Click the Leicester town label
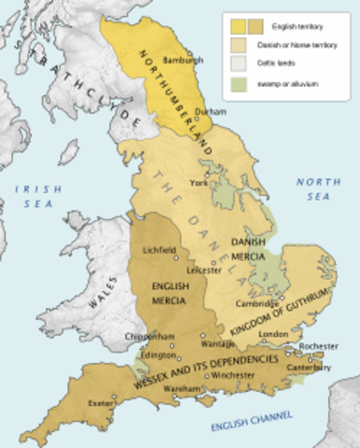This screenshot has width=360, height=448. tap(203, 271)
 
